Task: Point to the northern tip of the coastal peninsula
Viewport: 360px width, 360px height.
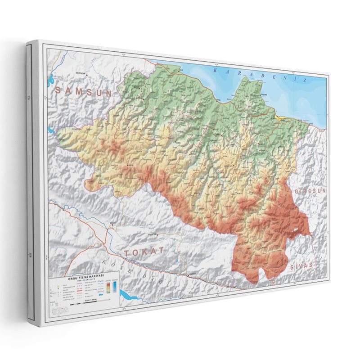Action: click(245, 78)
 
